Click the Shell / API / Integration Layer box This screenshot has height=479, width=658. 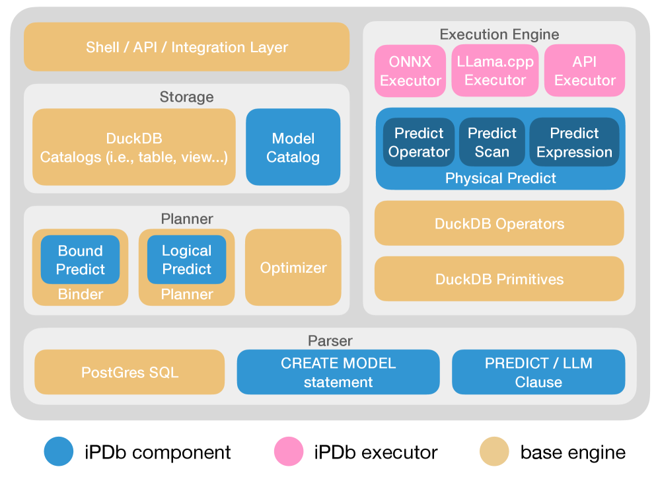click(186, 47)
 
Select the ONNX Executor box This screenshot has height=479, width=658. click(410, 71)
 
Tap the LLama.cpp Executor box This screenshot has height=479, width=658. click(495, 71)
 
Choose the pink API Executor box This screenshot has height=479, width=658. click(584, 71)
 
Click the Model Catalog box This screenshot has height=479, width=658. click(293, 147)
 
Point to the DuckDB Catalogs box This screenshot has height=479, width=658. click(134, 147)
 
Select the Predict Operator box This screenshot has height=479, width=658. click(418, 143)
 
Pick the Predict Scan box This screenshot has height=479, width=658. click(492, 143)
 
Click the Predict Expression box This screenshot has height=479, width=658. click(574, 143)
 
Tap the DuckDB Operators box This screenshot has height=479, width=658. click(499, 223)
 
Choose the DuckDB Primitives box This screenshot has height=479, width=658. click(499, 279)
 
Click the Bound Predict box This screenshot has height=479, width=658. click(80, 260)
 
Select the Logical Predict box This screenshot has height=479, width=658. click(186, 260)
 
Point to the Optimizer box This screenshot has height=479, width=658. click(293, 268)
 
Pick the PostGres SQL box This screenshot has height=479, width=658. click(129, 372)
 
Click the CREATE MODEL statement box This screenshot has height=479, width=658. click(338, 372)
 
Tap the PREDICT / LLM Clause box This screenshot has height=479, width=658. click(538, 372)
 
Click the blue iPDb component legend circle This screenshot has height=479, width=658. click(59, 452)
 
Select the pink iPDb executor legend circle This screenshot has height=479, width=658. click(289, 452)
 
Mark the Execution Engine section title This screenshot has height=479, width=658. click(499, 34)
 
